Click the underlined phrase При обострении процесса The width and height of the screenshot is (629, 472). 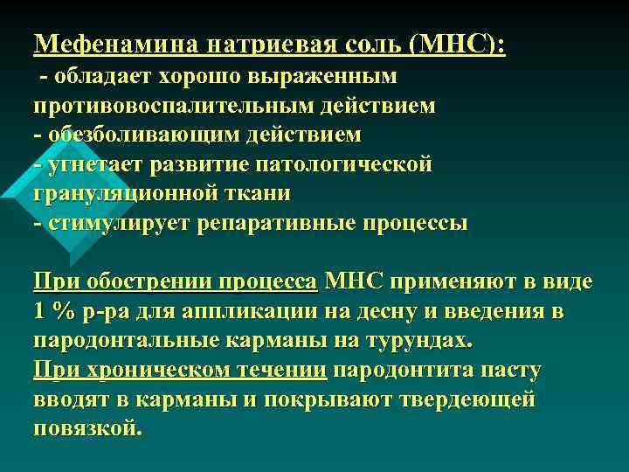pos(175,282)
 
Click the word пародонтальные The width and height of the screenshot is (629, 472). pos(126,341)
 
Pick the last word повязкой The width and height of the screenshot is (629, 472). pos(86,429)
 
